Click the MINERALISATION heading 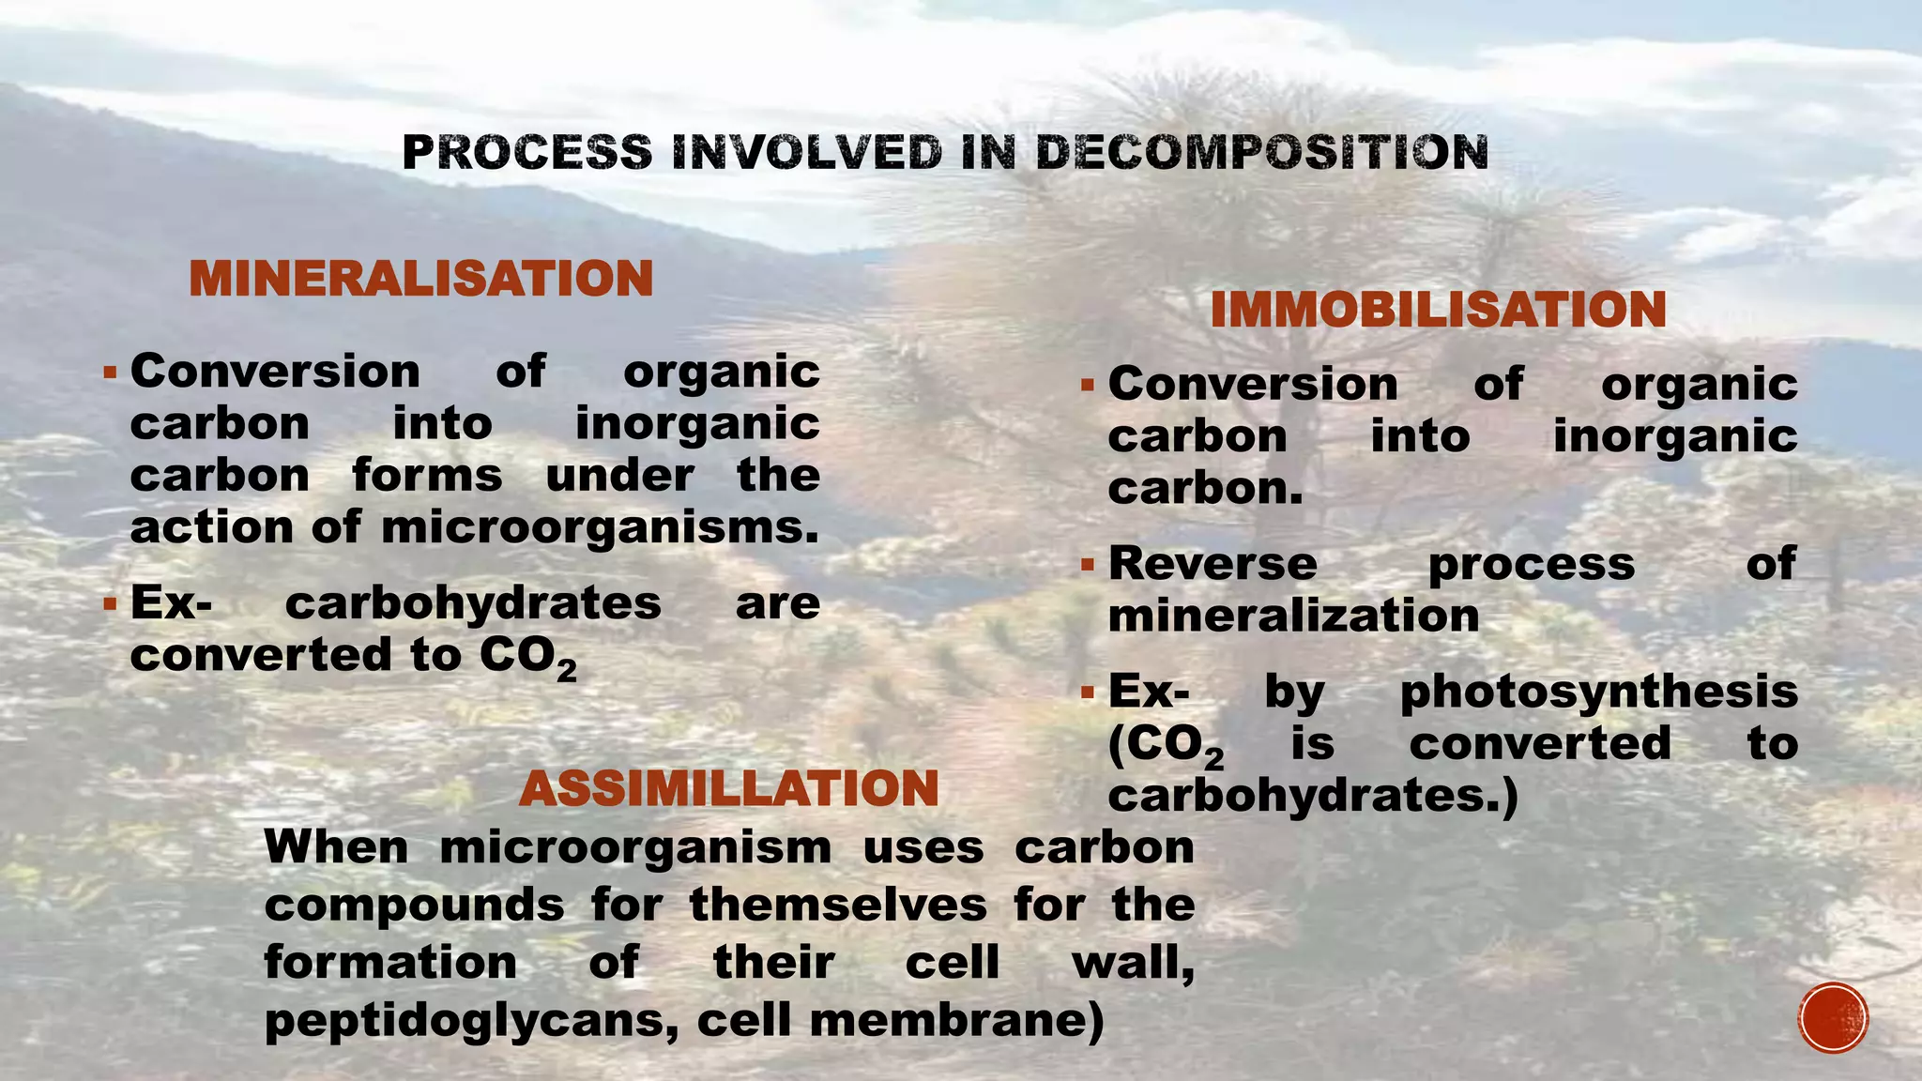[x=420, y=279]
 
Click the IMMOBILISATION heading [x=1438, y=310]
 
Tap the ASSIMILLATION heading [x=728, y=787]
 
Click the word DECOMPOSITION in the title [x=1261, y=153]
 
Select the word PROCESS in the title [x=526, y=153]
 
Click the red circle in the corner [x=1833, y=1017]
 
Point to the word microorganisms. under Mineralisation [x=600, y=527]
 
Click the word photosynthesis [x=1598, y=693]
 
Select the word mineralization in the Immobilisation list [x=1293, y=617]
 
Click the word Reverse [x=1213, y=564]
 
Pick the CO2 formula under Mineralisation [x=527, y=657]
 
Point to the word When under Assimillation [x=336, y=847]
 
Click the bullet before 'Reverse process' [x=1087, y=565]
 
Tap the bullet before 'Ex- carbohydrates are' [x=110, y=602]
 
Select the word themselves [x=838, y=906]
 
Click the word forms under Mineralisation [x=427, y=476]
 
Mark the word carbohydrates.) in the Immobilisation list [x=1312, y=797]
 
